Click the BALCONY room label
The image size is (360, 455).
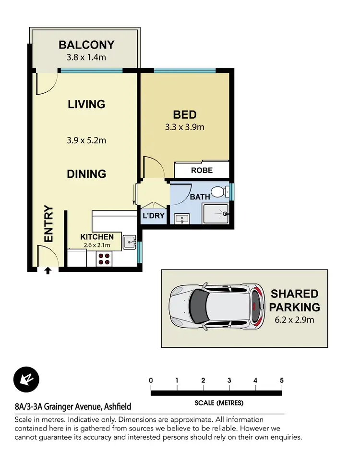click(x=86, y=45)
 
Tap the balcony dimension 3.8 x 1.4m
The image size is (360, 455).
click(x=86, y=58)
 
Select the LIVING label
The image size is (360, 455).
click(x=86, y=104)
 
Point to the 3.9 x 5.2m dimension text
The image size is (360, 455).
click(x=86, y=141)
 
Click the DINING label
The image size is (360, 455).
click(x=86, y=174)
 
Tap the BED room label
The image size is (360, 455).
click(x=185, y=115)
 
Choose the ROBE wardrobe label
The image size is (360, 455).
click(x=202, y=171)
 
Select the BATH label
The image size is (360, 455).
click(x=200, y=197)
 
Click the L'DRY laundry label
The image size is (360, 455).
click(x=154, y=216)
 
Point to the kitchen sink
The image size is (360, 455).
click(x=129, y=242)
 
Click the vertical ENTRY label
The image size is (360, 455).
click(x=48, y=224)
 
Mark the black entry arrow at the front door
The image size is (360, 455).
click(x=48, y=271)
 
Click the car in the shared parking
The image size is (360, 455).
click(x=217, y=308)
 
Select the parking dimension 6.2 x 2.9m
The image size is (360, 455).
click(x=294, y=320)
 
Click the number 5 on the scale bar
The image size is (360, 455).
click(x=281, y=381)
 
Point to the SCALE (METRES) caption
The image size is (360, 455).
click(x=219, y=403)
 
